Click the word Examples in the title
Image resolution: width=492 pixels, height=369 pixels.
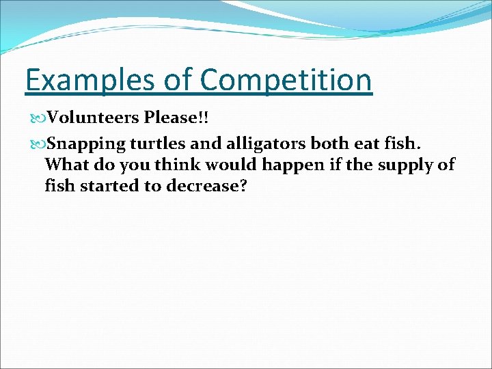point(91,81)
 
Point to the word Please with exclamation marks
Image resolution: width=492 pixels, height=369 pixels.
point(176,118)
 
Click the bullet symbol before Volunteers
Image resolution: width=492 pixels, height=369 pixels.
point(38,118)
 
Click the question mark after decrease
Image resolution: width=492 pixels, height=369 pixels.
point(242,186)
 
